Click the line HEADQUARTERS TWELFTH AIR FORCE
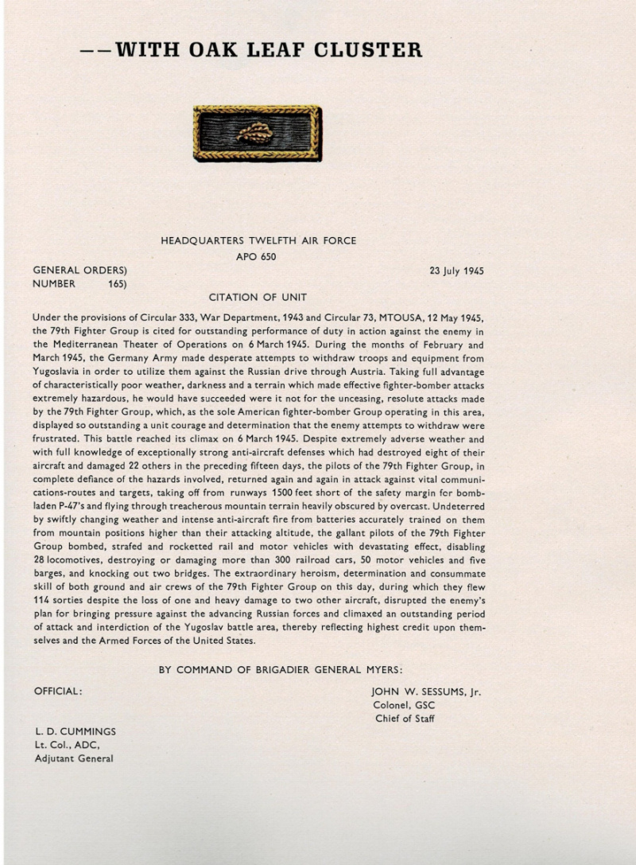click(x=258, y=240)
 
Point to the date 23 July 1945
click(x=456, y=271)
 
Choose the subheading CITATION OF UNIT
click(x=258, y=298)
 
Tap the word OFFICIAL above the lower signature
click(x=57, y=692)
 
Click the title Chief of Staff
click(x=405, y=719)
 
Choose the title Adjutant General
click(x=73, y=758)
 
